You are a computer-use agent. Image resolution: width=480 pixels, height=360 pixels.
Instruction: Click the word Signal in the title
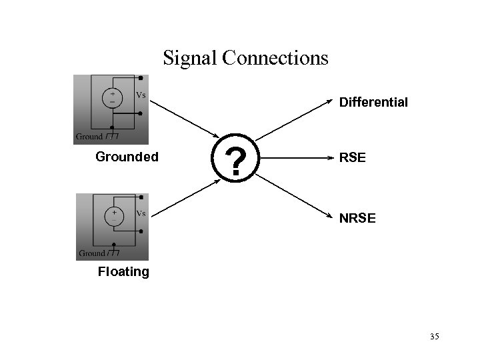[191, 59]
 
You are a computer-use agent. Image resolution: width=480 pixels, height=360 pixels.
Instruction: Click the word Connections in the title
[275, 59]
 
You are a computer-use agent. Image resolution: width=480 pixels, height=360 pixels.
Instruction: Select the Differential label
[373, 103]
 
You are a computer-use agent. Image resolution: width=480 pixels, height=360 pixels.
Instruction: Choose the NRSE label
[357, 217]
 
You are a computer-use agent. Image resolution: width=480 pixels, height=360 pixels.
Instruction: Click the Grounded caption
[127, 157]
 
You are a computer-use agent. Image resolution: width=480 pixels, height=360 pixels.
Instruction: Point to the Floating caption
[123, 271]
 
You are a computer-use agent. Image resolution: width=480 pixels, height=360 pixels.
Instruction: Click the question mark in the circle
[233, 160]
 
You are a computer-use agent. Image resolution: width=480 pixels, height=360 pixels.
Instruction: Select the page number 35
[434, 336]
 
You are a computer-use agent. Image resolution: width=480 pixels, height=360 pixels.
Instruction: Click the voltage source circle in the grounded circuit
[111, 98]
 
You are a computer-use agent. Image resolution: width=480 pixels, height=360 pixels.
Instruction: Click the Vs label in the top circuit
[141, 95]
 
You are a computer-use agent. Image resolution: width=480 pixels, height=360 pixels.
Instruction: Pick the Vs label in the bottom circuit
[141, 213]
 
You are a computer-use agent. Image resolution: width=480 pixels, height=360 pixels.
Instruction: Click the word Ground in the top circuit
[89, 137]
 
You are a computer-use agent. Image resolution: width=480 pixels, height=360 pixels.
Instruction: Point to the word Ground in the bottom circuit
[91, 253]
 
